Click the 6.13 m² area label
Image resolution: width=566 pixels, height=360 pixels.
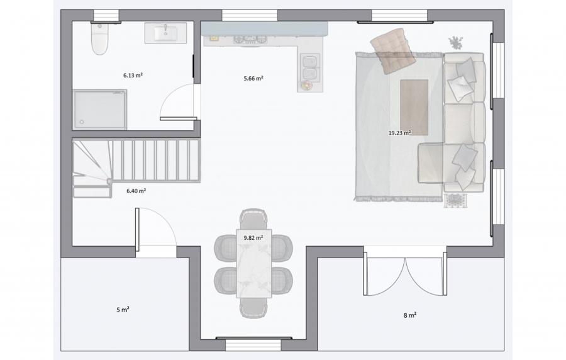click(133, 76)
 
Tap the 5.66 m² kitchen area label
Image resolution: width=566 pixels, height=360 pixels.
click(253, 78)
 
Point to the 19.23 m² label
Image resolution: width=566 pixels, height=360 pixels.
click(399, 133)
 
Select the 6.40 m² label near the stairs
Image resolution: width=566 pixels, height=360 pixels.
click(136, 191)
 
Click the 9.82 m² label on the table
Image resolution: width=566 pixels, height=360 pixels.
click(253, 238)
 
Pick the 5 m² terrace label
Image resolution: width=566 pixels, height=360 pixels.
click(123, 310)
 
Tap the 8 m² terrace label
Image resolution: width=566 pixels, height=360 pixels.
click(410, 315)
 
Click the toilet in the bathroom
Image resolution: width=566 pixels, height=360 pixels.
click(100, 38)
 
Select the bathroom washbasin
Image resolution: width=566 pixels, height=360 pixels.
click(165, 33)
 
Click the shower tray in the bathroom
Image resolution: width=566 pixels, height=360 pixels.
click(99, 110)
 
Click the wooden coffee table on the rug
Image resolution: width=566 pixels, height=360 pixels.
click(414, 107)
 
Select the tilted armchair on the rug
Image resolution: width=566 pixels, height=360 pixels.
click(393, 51)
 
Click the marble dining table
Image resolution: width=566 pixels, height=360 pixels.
click(254, 263)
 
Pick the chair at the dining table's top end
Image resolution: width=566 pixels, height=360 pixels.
click(254, 218)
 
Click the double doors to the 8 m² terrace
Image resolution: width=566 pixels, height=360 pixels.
click(405, 273)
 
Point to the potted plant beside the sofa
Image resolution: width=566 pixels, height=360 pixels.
click(455, 43)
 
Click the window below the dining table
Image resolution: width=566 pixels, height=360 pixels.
click(254, 344)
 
